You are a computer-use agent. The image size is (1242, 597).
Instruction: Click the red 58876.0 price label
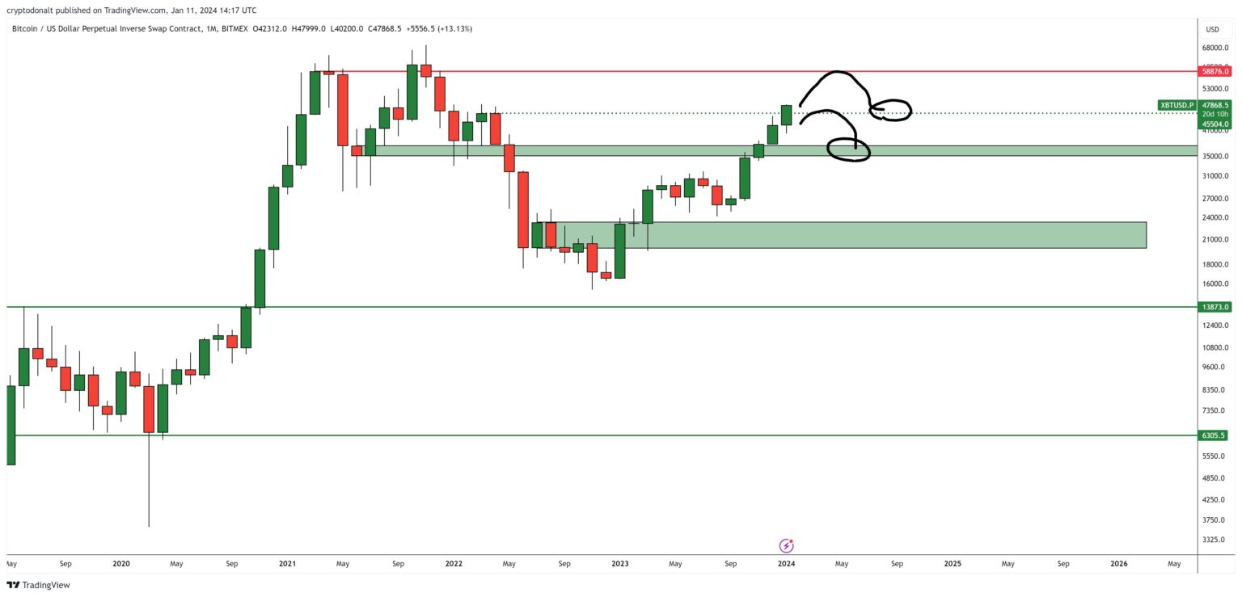coord(1215,71)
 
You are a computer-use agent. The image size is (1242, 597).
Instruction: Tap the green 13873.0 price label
coord(1215,307)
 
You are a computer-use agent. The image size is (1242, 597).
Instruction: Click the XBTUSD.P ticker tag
coord(1177,105)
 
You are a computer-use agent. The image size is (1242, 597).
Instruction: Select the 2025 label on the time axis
coord(953,563)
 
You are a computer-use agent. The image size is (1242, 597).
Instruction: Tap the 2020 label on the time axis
coord(121,563)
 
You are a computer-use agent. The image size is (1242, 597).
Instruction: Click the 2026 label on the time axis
coord(1119,563)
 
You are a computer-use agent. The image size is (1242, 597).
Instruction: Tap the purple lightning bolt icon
coord(785,545)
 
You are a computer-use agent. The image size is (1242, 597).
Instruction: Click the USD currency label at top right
coord(1212,29)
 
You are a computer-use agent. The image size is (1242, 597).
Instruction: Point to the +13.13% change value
coord(455,29)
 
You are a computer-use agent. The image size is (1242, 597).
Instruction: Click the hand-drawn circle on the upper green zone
coord(848,149)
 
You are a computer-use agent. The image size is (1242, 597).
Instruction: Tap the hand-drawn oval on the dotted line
coord(890,110)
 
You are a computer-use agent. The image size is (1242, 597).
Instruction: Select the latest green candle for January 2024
coord(786,115)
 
